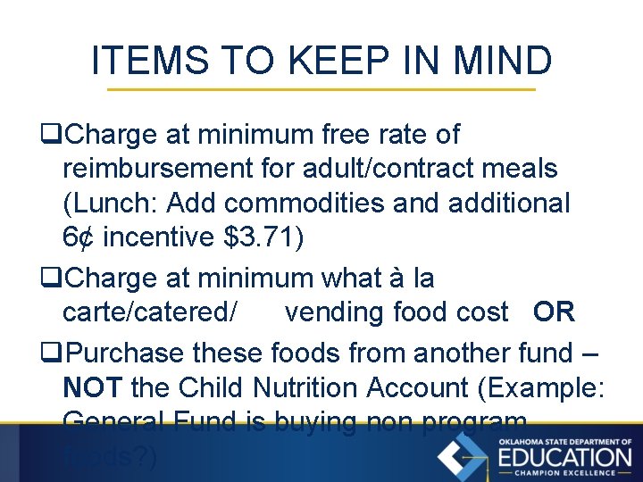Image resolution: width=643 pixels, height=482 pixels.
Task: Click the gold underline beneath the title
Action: (321, 89)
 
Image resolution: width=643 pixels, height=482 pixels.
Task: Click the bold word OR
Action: (554, 312)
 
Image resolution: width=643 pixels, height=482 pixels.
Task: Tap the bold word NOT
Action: (93, 388)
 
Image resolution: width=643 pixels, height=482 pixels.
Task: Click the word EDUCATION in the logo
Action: (564, 458)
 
